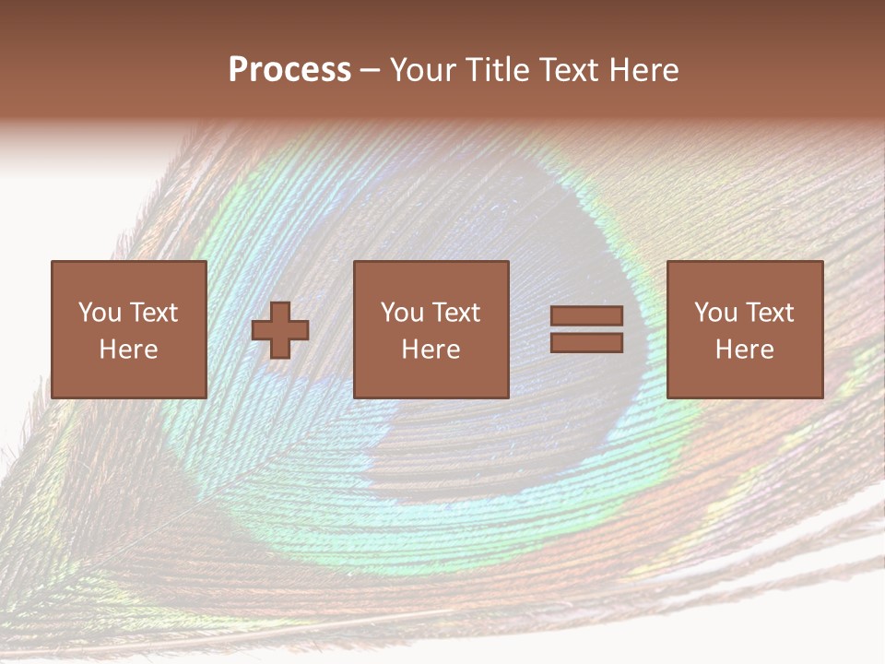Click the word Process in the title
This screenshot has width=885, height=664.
[289, 70]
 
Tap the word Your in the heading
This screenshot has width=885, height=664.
[423, 70]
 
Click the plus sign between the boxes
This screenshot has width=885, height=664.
[280, 330]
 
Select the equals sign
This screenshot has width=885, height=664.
[586, 329]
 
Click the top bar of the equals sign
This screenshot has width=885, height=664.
[586, 316]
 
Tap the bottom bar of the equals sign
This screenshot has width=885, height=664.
[586, 342]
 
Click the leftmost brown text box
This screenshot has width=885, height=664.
[128, 329]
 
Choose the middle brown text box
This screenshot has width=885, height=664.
[431, 329]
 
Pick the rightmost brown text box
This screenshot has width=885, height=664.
[744, 329]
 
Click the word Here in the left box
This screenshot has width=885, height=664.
[128, 350]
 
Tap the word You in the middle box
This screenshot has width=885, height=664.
[401, 313]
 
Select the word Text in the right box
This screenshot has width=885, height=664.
[769, 313]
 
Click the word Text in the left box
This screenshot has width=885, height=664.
[153, 313]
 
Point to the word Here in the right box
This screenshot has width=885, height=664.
[744, 350]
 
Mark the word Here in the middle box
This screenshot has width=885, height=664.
[431, 350]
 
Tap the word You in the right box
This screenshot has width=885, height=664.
[714, 313]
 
